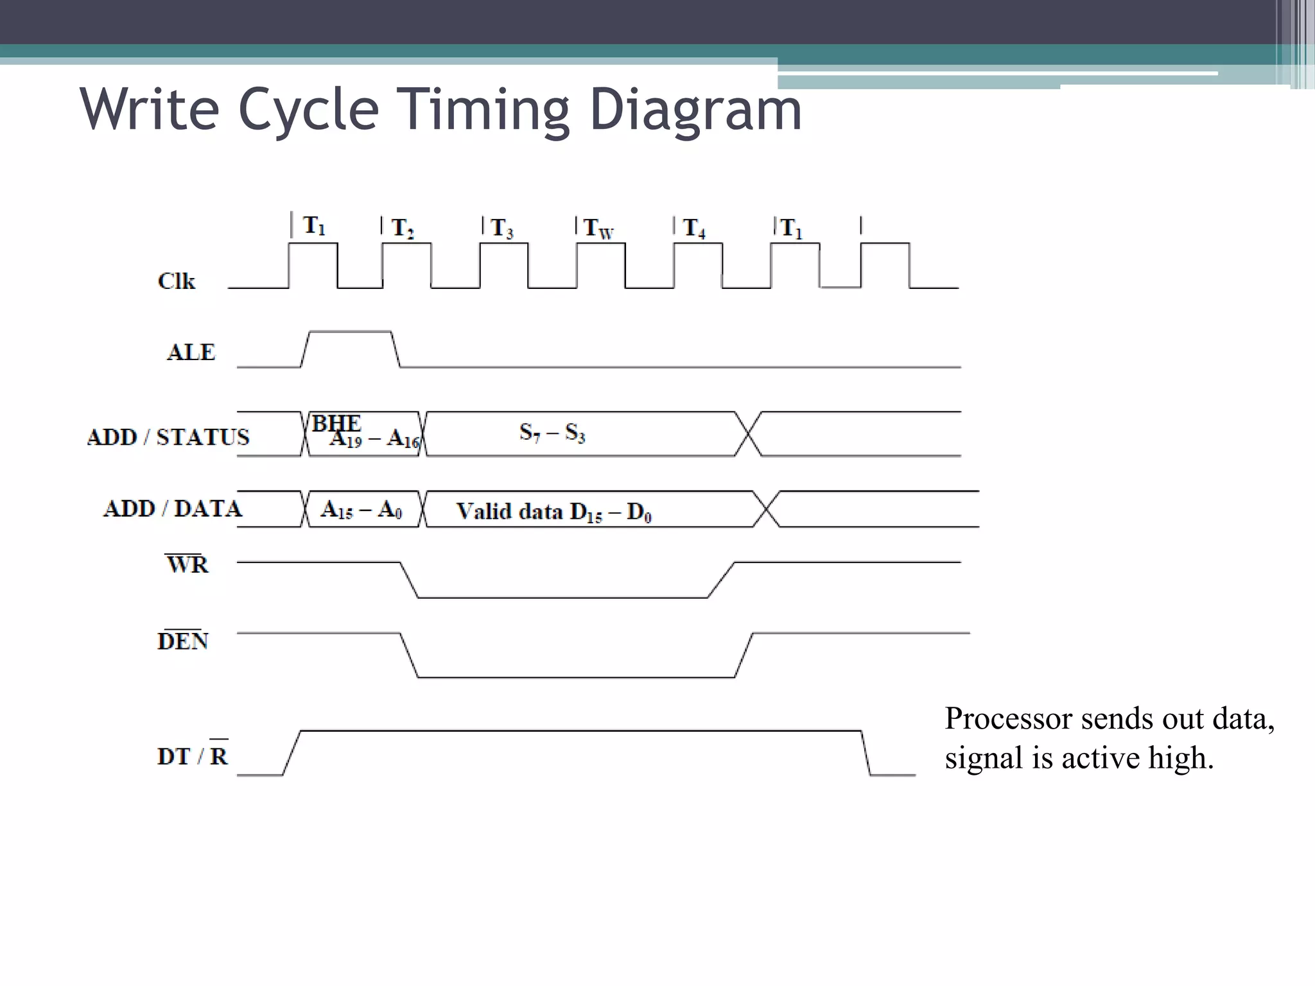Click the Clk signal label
tap(176, 281)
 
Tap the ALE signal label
tap(191, 352)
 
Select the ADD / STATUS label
tap(168, 437)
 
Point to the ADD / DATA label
tap(172, 508)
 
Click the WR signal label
tap(187, 564)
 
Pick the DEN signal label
tap(183, 641)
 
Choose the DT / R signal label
tap(193, 756)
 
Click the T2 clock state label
tap(403, 228)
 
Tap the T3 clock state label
tap(501, 228)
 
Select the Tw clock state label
tap(598, 229)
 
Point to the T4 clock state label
tap(694, 228)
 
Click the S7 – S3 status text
tap(552, 433)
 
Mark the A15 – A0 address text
tap(361, 510)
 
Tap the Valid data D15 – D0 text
tap(553, 512)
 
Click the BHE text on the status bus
tap(336, 423)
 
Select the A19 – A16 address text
tap(374, 439)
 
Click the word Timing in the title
tap(482, 110)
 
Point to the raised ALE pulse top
tap(350, 332)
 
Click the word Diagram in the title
tap(695, 110)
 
